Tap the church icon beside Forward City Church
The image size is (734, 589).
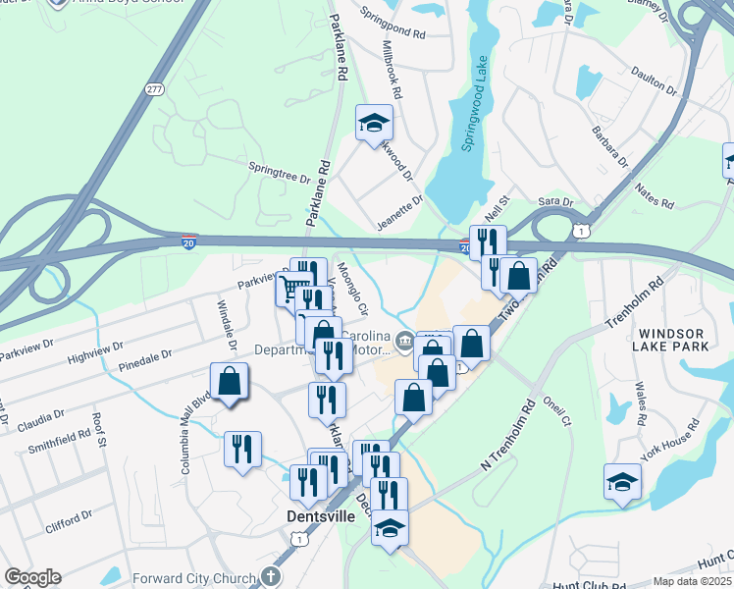[273, 577]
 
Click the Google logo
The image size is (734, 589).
[32, 577]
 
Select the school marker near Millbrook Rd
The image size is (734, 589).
[373, 122]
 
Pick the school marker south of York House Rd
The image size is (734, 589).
[622, 481]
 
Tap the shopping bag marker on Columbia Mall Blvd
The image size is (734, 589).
[229, 381]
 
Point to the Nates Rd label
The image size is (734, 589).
[655, 195]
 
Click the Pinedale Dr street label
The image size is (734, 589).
[144, 359]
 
